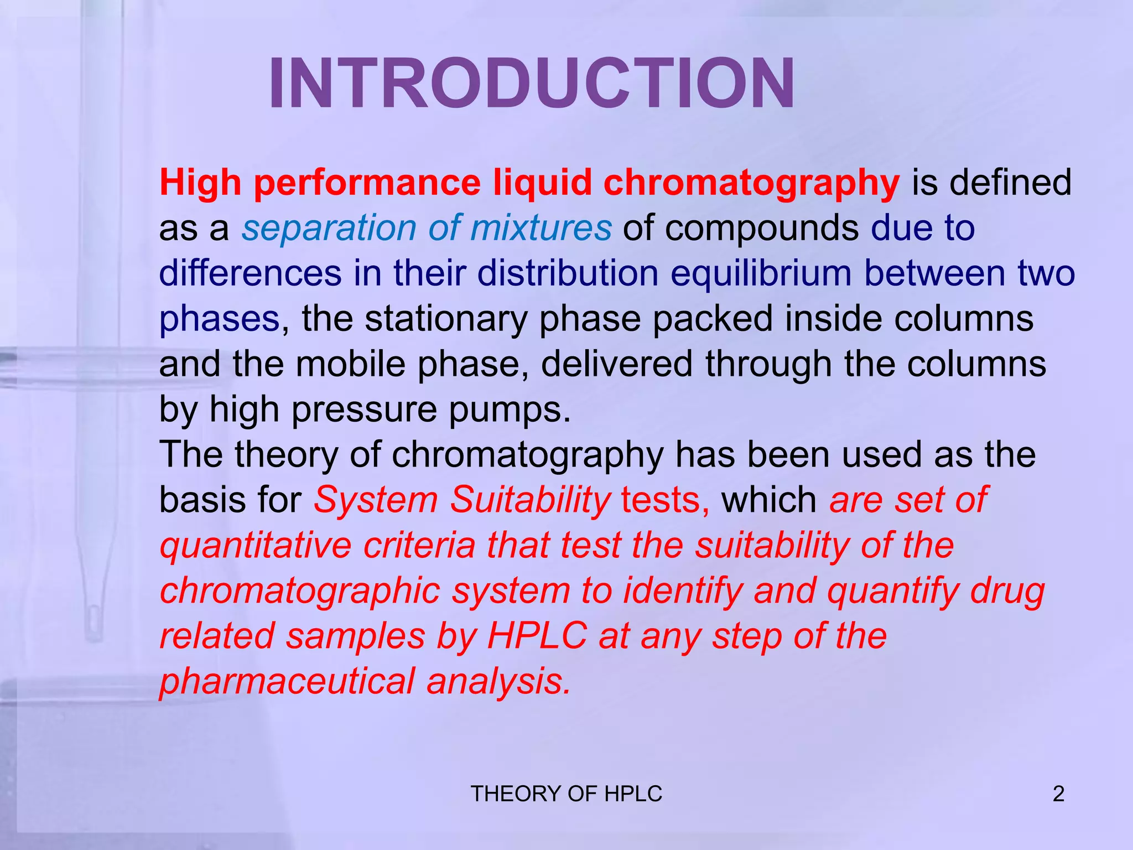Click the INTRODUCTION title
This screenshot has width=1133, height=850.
pyautogui.click(x=531, y=85)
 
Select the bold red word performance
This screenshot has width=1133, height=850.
pyautogui.click(x=367, y=183)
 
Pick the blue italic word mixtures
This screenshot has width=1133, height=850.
pyautogui.click(x=540, y=228)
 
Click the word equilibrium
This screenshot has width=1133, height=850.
pyautogui.click(x=761, y=273)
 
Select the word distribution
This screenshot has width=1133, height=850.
pyautogui.click(x=568, y=273)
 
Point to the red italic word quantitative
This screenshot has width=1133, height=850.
pyautogui.click(x=256, y=546)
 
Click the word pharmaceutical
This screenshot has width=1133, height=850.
pyautogui.click(x=287, y=681)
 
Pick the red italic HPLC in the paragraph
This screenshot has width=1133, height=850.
pyautogui.click(x=537, y=636)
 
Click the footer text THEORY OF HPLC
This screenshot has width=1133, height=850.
pyautogui.click(x=566, y=794)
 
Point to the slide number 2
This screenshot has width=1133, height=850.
pyautogui.click(x=1058, y=794)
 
